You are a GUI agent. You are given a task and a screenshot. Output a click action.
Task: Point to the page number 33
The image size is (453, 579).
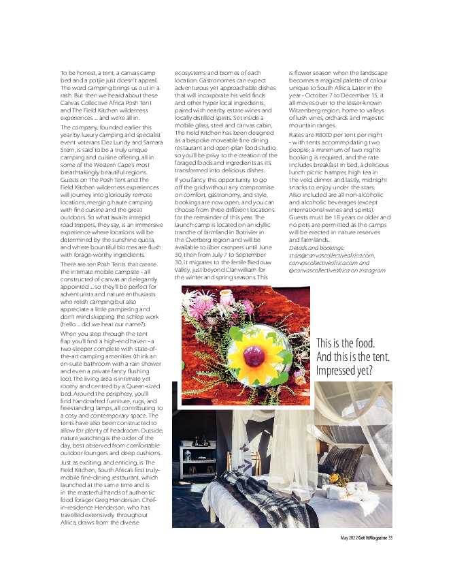pos(391,538)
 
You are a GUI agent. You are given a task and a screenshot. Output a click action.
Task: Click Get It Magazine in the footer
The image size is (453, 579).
pos(372,538)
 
